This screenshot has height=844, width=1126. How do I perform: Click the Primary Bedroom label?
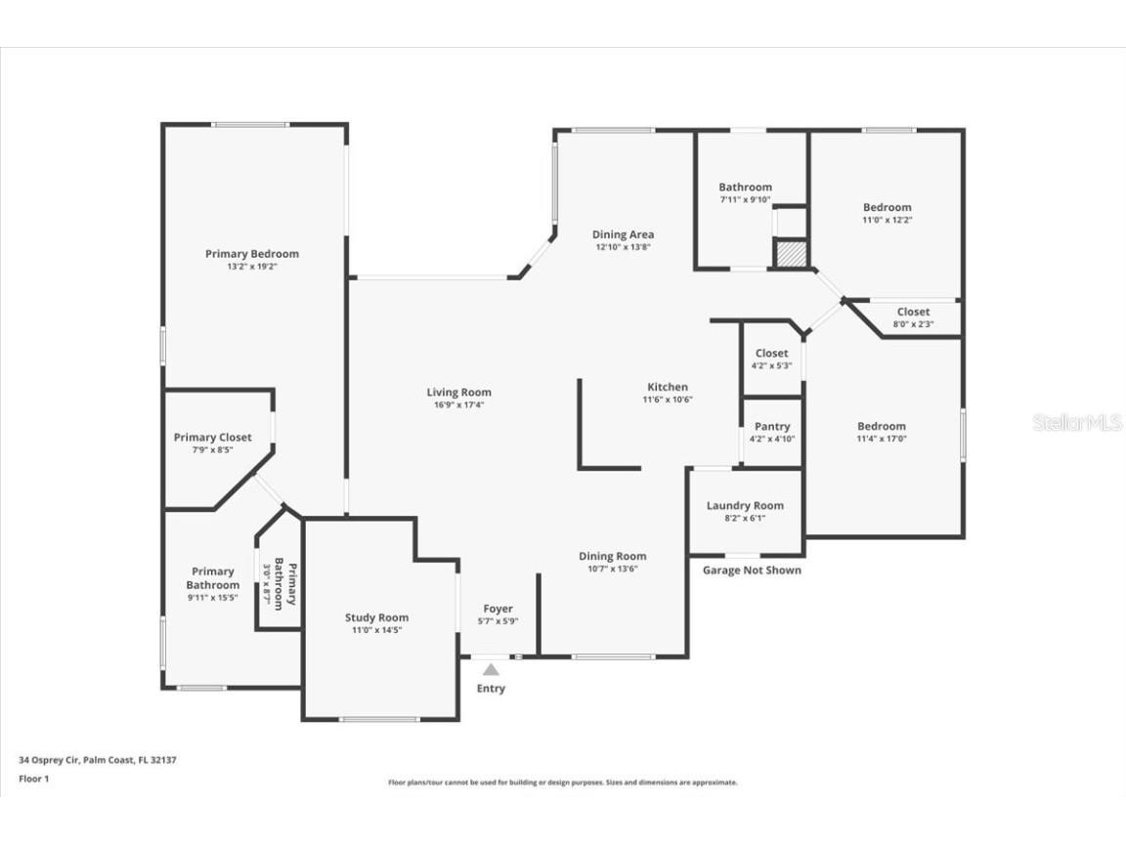(252, 254)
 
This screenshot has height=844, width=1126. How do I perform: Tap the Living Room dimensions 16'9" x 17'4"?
(458, 404)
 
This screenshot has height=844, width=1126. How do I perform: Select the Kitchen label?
(668, 388)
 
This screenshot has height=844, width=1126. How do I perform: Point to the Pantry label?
(772, 427)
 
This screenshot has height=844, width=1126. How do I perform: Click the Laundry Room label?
(745, 506)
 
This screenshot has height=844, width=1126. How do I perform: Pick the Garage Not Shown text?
(752, 570)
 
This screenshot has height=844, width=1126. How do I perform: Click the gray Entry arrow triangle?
(491, 669)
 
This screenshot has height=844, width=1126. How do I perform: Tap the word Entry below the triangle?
(491, 689)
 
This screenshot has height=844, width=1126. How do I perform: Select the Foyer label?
(498, 610)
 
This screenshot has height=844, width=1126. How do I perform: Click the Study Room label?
(376, 617)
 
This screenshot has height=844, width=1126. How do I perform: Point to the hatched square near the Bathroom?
(790, 253)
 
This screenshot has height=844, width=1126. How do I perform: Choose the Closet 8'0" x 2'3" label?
(913, 313)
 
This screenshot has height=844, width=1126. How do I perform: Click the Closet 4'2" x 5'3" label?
(771, 354)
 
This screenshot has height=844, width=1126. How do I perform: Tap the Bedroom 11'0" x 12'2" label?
(887, 207)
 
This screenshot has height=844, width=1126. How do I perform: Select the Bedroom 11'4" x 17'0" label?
(882, 427)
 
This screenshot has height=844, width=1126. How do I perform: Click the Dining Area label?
(623, 234)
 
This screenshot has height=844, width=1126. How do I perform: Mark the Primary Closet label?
(212, 438)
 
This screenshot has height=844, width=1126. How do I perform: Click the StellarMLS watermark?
(1077, 423)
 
